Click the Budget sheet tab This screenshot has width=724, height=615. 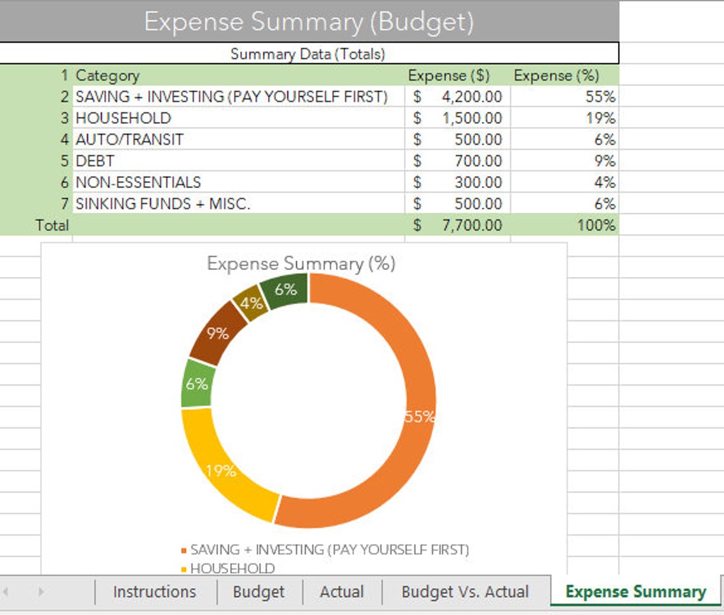258,592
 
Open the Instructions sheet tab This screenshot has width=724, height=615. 154,592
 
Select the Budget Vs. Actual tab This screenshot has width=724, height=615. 465,592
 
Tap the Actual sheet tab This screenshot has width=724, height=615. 342,592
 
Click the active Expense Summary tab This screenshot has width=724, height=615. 635,592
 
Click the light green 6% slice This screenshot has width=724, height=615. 196,384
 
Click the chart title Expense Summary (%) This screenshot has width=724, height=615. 301,264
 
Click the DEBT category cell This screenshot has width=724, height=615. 95,161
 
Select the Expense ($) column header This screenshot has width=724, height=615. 448,76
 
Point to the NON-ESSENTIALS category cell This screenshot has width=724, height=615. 138,182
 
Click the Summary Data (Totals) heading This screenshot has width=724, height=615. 307,54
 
